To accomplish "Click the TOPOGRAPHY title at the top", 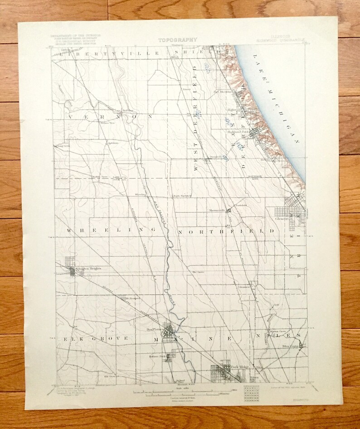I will point(177,40).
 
